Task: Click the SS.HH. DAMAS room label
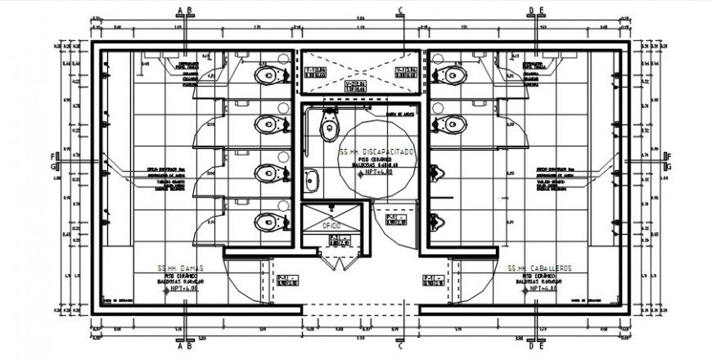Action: point(180,268)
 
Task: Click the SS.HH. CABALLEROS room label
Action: point(539,268)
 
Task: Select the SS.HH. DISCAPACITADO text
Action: point(377,153)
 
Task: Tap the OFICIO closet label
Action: point(331,223)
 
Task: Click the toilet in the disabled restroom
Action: point(329,127)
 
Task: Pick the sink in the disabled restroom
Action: point(312,179)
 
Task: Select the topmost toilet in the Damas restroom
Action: point(268,76)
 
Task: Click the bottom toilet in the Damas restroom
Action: point(268,222)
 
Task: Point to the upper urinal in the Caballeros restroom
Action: point(434,173)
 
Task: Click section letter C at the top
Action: point(400,11)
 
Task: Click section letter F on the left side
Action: point(55,156)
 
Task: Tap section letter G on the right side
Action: point(669,167)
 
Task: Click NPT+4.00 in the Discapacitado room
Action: point(377,173)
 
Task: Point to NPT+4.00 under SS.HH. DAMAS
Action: point(182,289)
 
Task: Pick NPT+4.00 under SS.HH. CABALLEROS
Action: point(541,289)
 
